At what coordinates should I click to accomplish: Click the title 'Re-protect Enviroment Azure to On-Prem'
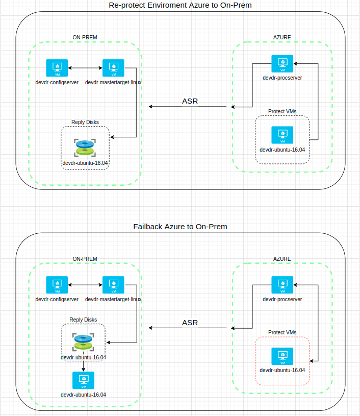point(180,5)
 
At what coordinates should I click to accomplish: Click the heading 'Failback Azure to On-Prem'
point(180,227)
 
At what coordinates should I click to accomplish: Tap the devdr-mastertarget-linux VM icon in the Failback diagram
point(113,285)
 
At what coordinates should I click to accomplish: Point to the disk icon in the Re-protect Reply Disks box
point(85,148)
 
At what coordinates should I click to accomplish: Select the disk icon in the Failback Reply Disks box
point(83,342)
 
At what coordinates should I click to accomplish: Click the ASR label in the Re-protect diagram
point(190,101)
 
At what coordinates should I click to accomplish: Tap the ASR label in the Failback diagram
point(190,323)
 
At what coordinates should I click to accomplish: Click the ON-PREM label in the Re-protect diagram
point(85,37)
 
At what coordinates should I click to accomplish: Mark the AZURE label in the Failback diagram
point(282,259)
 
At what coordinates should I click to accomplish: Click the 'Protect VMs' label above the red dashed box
point(282,332)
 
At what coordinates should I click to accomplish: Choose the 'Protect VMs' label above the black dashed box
point(282,111)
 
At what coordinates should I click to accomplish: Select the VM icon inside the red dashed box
point(282,356)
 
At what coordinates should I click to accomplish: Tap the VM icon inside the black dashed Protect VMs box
point(282,135)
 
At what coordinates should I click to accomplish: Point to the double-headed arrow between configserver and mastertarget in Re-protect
point(85,68)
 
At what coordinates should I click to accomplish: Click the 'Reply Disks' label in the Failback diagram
point(83,320)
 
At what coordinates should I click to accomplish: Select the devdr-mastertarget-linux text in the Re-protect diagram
point(113,82)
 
